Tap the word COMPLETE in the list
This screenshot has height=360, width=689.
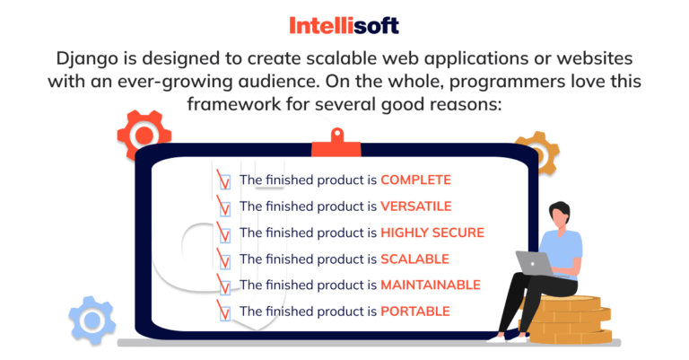tap(415, 180)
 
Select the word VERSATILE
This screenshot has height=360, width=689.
tap(415, 206)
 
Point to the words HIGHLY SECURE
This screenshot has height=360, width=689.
tap(432, 233)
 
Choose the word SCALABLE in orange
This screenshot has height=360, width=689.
tap(414, 259)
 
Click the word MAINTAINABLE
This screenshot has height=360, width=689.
tap(430, 285)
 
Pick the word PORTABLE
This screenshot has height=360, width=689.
tap(414, 312)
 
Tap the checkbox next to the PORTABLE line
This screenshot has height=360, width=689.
tap(224, 312)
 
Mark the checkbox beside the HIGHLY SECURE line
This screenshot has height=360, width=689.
tap(224, 233)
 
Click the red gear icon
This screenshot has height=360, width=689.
tap(144, 136)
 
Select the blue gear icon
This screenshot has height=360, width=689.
tap(92, 320)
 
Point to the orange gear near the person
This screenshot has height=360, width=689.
tap(536, 154)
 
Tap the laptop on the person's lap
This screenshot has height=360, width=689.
tap(534, 262)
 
